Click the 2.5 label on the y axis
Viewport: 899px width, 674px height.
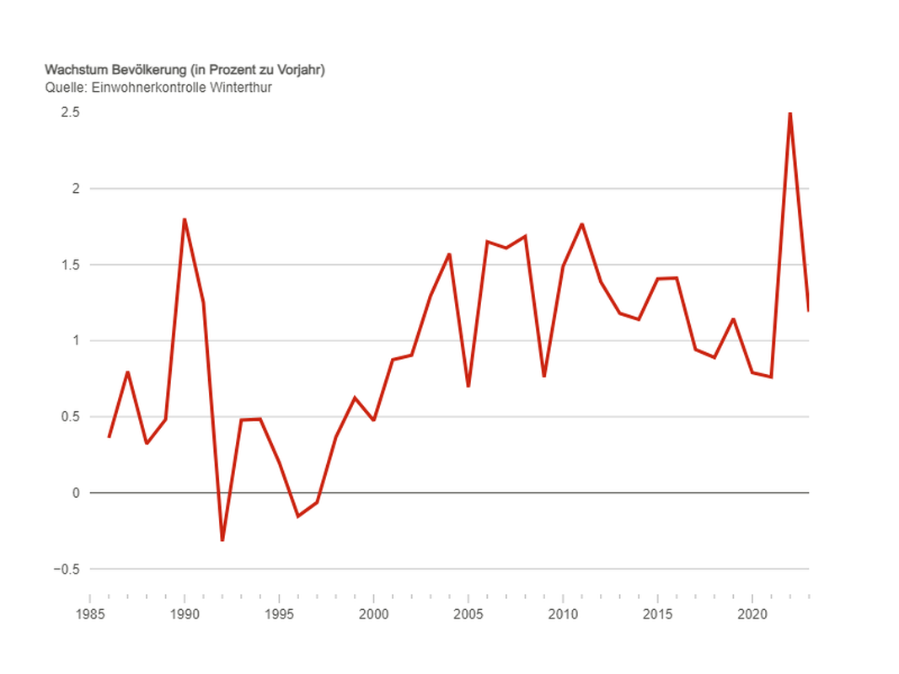tap(70, 113)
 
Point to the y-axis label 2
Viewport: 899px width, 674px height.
tap(75, 189)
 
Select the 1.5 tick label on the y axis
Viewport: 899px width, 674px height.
tap(70, 265)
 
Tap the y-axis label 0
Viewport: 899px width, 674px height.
tap(75, 493)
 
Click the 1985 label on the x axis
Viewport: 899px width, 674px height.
tap(90, 614)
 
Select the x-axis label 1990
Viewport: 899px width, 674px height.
tap(185, 614)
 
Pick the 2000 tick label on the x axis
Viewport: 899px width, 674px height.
tap(374, 614)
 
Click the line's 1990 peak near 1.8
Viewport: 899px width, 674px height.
tap(185, 220)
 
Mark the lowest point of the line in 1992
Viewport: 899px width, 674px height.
tap(222, 540)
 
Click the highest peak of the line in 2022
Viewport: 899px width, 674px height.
tap(790, 113)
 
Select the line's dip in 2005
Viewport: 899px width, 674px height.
tap(468, 386)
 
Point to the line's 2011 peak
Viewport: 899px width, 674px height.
tap(582, 224)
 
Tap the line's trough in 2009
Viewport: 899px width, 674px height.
tap(544, 376)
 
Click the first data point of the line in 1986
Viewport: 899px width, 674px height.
tap(109, 436)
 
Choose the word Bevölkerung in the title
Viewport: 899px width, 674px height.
tap(150, 70)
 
